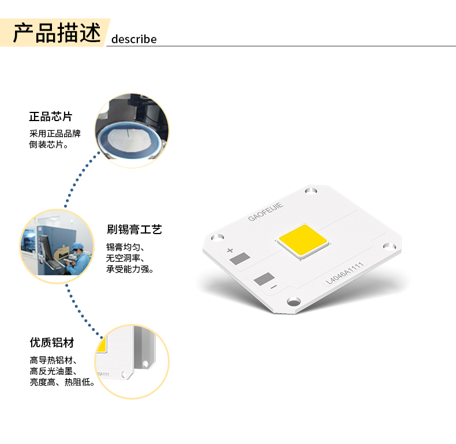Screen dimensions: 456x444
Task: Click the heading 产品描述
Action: (x=57, y=32)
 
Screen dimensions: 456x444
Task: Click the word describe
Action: (x=134, y=39)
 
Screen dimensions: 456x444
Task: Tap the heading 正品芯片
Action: (x=51, y=116)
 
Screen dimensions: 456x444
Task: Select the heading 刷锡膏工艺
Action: (x=134, y=229)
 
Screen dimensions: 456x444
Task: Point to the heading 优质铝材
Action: (x=52, y=343)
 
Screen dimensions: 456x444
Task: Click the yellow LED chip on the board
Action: (x=303, y=241)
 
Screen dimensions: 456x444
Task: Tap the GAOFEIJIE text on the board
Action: (x=266, y=212)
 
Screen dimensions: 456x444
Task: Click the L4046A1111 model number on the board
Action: (x=345, y=273)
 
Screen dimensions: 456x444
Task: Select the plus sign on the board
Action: (x=230, y=250)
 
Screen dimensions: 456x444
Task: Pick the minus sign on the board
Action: (x=274, y=287)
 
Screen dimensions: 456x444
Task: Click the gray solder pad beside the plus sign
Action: (x=240, y=258)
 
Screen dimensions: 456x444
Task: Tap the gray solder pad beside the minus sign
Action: (x=264, y=279)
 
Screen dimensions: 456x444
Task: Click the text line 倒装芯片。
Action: (x=48, y=144)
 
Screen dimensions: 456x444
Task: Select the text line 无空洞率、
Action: (x=125, y=258)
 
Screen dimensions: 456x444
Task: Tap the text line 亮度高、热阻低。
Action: (x=62, y=382)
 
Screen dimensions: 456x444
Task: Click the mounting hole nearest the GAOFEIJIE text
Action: (x=311, y=191)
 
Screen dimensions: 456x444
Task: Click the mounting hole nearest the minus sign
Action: (x=294, y=302)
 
